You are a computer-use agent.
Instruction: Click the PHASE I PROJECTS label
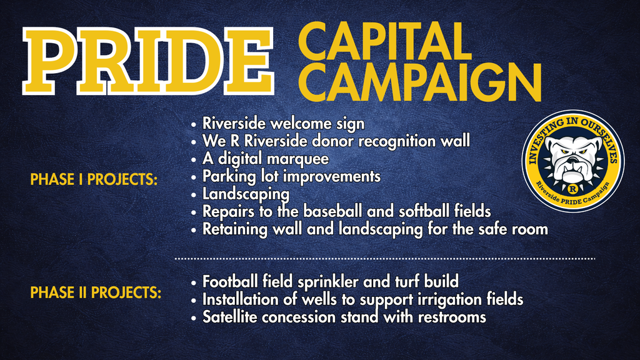coord(93,180)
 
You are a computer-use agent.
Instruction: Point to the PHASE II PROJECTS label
coord(95,292)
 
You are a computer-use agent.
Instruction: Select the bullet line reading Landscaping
coord(245,194)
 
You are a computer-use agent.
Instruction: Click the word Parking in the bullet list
coord(224,176)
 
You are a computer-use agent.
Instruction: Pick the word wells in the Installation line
coord(321,299)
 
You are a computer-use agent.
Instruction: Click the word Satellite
coord(229,317)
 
